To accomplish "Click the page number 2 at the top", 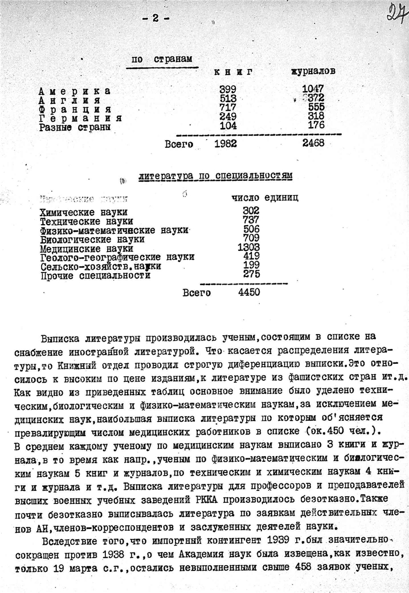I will pos(154,18).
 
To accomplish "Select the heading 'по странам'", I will pos(162,59).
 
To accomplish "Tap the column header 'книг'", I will pos(233,72).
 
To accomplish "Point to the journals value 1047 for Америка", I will pos(313,90).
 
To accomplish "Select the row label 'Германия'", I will pos(80,117).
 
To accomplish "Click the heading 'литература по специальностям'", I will pos(216,176).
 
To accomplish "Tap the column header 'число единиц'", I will pos(264,198).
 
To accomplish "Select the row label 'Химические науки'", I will pos(83,212).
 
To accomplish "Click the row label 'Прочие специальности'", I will pos(95,275).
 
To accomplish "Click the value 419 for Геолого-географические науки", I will pos(250,257).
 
